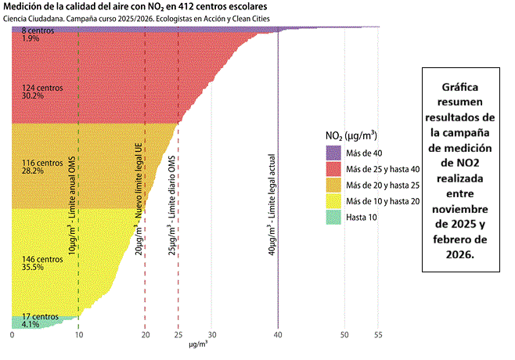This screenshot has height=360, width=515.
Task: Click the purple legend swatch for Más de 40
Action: tap(334, 153)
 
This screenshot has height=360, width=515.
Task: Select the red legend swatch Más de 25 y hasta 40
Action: tap(334, 169)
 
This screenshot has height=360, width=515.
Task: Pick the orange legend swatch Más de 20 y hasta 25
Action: tap(334, 185)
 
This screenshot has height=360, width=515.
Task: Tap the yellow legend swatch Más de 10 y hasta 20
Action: tap(334, 202)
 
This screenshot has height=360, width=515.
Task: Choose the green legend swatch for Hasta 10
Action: tap(334, 218)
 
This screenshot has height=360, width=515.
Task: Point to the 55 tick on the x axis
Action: tap(378, 334)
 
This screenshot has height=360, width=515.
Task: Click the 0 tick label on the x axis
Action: tap(12, 334)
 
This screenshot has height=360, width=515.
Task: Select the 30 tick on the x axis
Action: tap(211, 334)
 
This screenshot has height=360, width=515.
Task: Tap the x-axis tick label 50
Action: tap(344, 334)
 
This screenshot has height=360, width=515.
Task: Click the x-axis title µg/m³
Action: tap(197, 344)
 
